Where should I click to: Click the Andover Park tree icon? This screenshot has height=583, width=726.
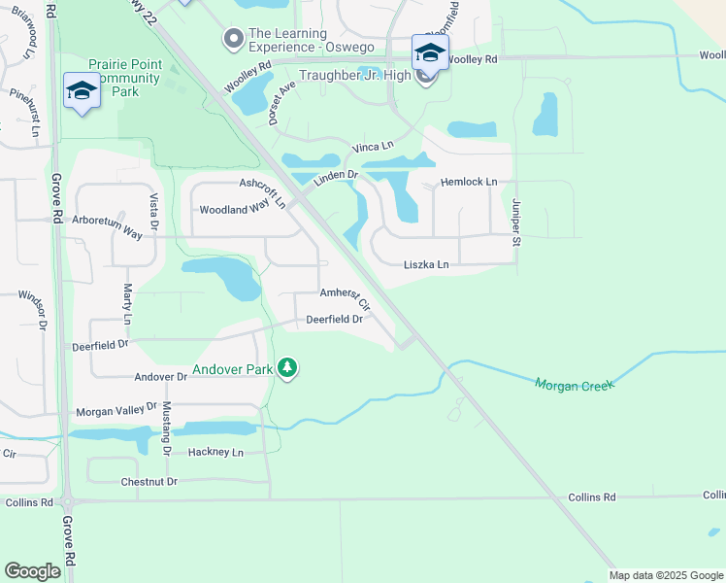tap(286, 368)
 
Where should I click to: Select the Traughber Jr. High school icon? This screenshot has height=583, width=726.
tap(429, 53)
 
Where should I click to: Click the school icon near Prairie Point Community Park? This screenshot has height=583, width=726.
tap(82, 91)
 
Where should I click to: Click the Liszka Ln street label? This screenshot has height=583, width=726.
tap(426, 264)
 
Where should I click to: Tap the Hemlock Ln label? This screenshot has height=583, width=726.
tap(468, 182)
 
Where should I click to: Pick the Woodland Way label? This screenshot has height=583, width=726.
tap(234, 209)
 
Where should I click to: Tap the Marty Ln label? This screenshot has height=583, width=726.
tap(127, 303)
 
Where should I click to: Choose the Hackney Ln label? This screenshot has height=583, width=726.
tap(215, 452)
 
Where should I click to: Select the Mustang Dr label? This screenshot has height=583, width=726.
tap(166, 429)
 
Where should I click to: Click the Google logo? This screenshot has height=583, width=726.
tap(32, 571)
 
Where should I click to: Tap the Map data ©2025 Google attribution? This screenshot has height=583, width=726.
tap(666, 575)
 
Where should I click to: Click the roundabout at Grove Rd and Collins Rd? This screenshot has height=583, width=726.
tap(68, 502)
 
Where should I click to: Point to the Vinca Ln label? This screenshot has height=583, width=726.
tap(373, 147)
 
